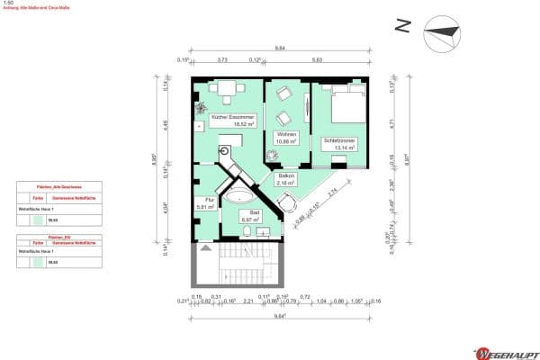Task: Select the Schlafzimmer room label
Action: click(x=333, y=142)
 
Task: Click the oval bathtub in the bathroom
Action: click(x=239, y=195)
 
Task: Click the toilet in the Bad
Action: click(x=247, y=232)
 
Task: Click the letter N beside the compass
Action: click(x=404, y=28)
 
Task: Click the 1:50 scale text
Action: click(x=8, y=4)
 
